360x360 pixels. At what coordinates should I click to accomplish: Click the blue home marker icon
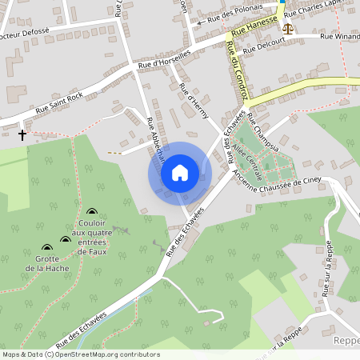point(180,173)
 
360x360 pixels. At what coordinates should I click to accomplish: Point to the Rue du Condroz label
point(236,70)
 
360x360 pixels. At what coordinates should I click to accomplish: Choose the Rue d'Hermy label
point(195,102)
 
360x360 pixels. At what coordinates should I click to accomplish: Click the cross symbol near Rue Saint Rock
point(22,135)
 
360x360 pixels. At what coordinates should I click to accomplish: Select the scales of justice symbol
point(287,26)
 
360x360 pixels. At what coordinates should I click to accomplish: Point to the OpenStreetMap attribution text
point(80,354)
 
